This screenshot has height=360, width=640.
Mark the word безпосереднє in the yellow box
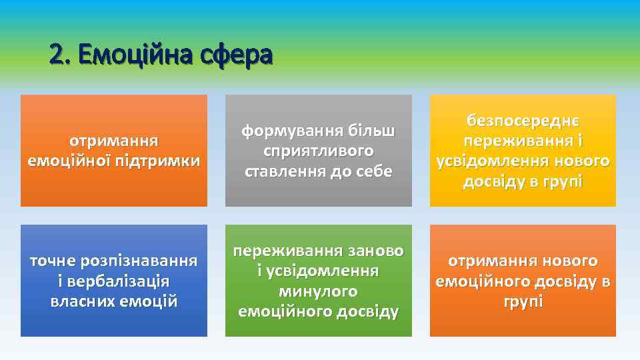523,121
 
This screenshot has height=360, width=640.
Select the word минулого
318,291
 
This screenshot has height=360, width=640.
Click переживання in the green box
287,251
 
